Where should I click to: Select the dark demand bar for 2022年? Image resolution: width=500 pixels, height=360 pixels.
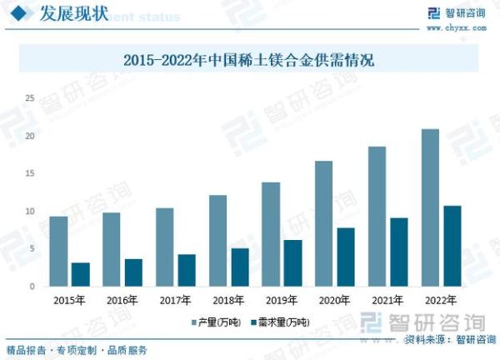(x=452, y=246)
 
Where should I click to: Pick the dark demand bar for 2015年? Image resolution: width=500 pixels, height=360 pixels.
(x=80, y=274)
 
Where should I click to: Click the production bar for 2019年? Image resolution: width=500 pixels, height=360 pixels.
(x=271, y=234)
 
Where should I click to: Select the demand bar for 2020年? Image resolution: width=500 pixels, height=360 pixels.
(x=345, y=257)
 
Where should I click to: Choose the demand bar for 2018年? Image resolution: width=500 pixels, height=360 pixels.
(x=239, y=267)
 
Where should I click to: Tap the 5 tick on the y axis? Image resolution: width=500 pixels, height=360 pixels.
(x=32, y=249)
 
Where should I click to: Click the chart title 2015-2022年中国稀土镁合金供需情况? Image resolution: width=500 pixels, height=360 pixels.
(x=250, y=60)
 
